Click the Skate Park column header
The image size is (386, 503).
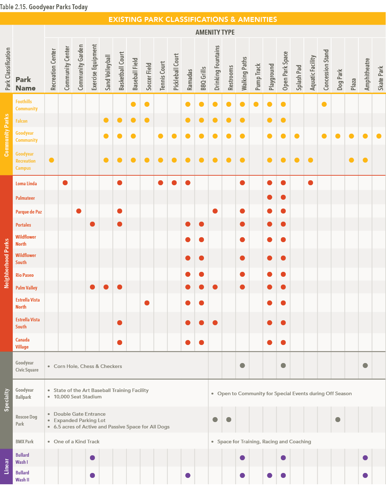click(x=381, y=78)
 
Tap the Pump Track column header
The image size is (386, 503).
click(x=258, y=77)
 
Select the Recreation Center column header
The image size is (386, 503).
click(x=53, y=69)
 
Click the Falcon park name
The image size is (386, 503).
click(x=22, y=121)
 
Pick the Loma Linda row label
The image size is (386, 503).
click(x=26, y=183)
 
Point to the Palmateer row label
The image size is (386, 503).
click(x=25, y=198)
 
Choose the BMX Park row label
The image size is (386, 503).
click(x=24, y=441)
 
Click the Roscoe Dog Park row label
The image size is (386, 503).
click(x=26, y=420)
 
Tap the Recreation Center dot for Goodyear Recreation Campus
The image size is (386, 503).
click(x=52, y=160)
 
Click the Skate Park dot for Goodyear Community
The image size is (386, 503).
click(x=379, y=136)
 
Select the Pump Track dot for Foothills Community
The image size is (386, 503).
click(x=256, y=104)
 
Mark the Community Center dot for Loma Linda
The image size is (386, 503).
click(x=65, y=183)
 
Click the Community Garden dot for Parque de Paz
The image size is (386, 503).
click(x=79, y=211)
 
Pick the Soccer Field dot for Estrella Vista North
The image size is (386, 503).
click(x=147, y=303)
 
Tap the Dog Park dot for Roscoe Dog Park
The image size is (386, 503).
click(x=338, y=420)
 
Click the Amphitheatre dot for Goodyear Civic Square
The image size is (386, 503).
click(x=365, y=365)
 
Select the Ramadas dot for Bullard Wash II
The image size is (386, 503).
click(x=188, y=475)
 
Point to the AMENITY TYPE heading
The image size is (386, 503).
click(x=215, y=32)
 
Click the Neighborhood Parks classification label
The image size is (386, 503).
click(x=6, y=263)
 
